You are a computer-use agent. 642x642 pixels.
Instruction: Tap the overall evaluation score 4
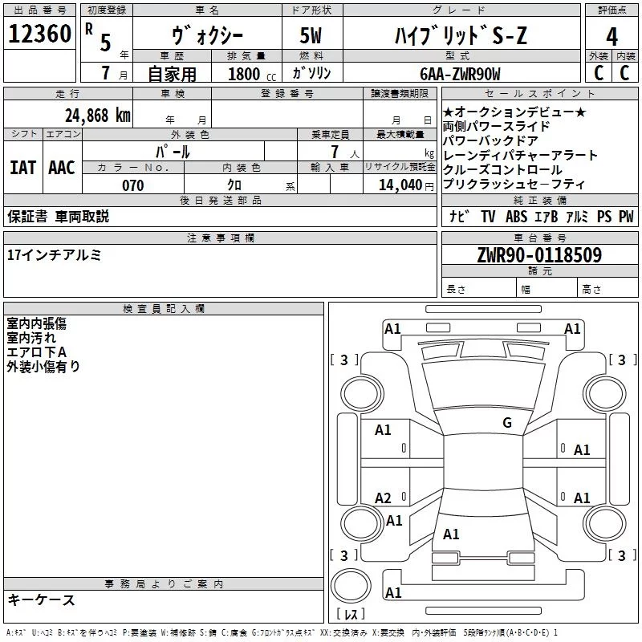612,36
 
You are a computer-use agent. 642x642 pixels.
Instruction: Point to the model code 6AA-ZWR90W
459,74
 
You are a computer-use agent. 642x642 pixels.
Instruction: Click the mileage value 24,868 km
97,115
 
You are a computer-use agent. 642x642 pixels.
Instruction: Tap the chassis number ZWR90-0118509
538,255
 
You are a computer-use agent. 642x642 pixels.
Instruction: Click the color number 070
132,185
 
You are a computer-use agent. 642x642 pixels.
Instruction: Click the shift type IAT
22,168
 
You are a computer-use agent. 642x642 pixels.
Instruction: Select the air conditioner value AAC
61,168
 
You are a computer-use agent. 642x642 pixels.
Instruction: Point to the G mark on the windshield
506,423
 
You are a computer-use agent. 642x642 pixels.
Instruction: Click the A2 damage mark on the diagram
383,498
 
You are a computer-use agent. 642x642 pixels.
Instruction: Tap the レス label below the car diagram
351,616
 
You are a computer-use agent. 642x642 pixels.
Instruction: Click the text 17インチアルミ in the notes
54,255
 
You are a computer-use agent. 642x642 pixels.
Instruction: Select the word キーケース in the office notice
41,600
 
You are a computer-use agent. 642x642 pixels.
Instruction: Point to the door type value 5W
313,36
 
